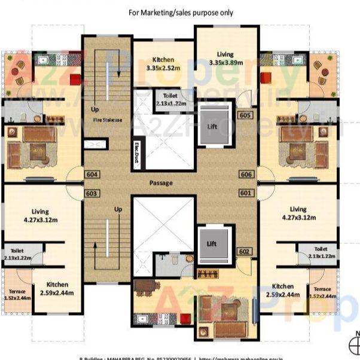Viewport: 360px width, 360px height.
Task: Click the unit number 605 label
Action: point(244,115)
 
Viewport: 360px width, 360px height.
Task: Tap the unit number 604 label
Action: point(91,175)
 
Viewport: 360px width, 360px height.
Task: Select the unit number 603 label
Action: point(91,193)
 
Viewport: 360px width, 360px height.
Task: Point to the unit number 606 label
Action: point(246,174)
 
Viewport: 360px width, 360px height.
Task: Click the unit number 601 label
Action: point(246,193)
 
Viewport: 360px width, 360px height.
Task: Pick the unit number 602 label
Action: point(243,251)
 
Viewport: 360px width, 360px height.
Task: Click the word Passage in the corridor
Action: point(161,182)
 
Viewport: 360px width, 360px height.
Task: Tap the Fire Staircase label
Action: point(107,120)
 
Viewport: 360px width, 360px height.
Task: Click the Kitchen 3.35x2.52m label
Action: point(163,63)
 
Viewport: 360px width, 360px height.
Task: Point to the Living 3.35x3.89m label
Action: point(225,57)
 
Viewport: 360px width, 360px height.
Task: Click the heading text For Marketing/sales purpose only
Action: point(181,13)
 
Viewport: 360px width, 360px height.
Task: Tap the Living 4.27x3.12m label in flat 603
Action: point(41,215)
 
